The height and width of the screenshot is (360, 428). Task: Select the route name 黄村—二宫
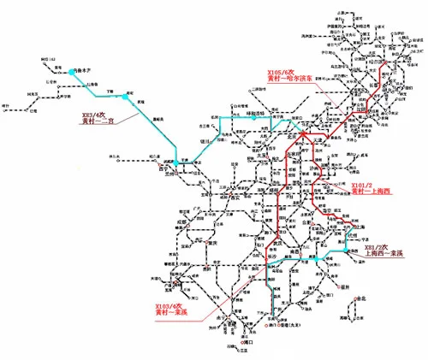(x=98, y=121)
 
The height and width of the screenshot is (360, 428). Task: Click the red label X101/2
(x=362, y=184)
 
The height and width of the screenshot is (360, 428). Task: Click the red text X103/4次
(x=169, y=305)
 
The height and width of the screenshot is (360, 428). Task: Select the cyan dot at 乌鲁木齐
(x=72, y=74)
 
